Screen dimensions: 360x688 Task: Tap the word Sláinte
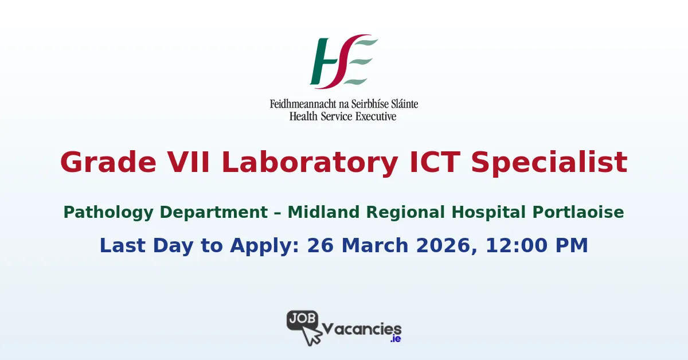pyautogui.click(x=402, y=104)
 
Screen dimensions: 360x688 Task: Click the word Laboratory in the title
pyautogui.click(x=310, y=162)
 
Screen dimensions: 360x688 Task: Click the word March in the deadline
pyautogui.click(x=373, y=246)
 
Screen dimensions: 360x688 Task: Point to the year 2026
pyautogui.click(x=445, y=246)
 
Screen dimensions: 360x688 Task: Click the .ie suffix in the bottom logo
pyautogui.click(x=395, y=339)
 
